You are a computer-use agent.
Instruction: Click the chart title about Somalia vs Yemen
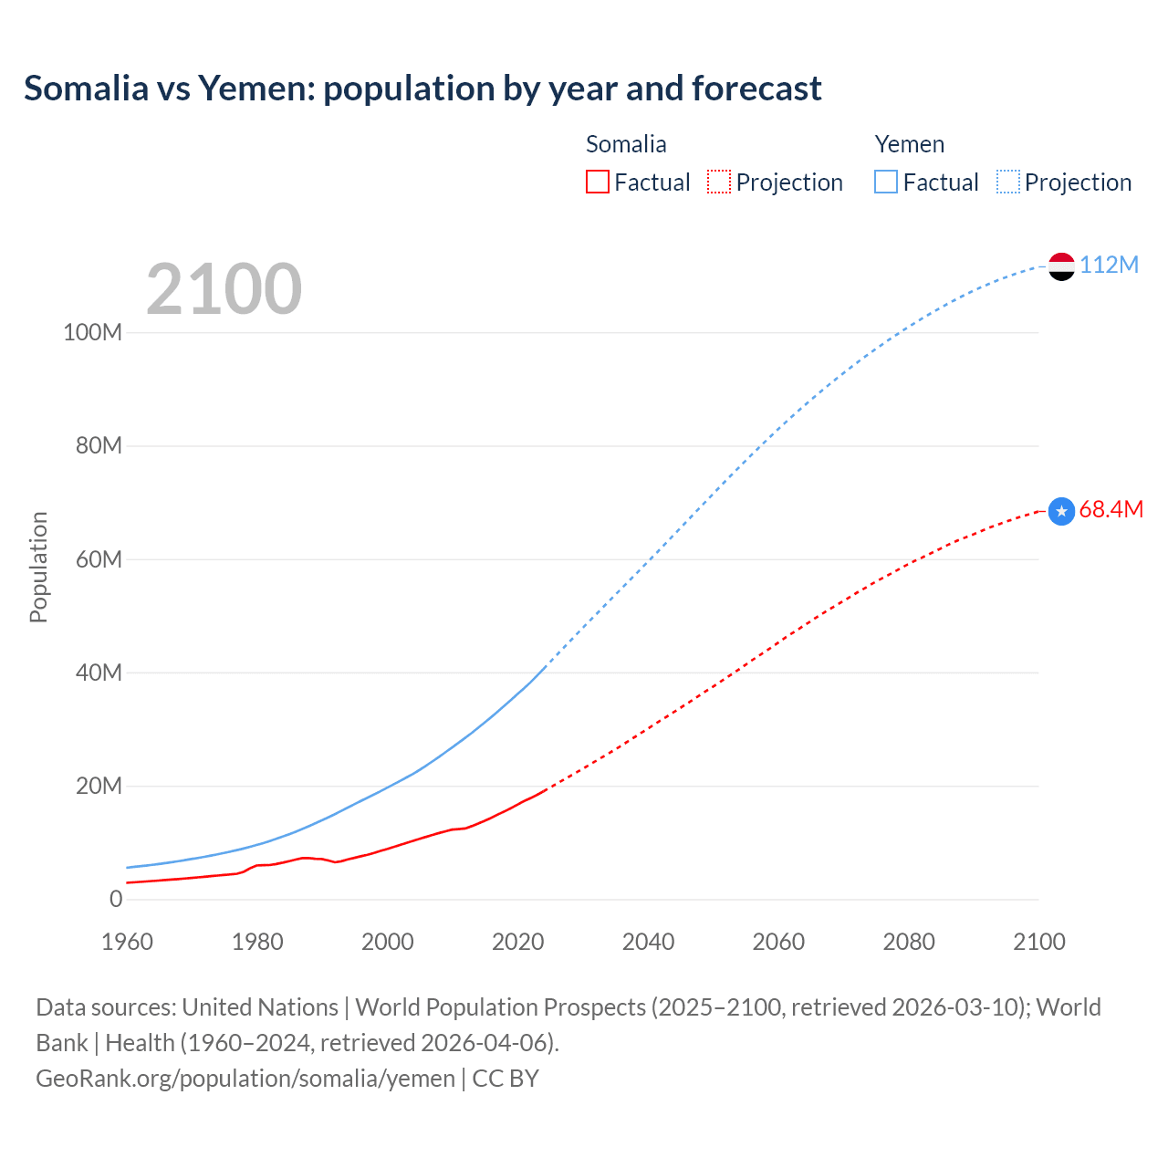[422, 89]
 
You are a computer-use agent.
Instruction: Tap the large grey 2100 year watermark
[224, 289]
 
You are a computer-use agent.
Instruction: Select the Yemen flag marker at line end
[1061, 266]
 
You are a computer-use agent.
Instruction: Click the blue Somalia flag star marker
[1061, 512]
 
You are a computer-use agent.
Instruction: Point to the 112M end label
[1109, 265]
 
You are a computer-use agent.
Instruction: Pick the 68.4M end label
[1111, 509]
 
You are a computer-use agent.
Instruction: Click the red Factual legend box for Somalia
[598, 182]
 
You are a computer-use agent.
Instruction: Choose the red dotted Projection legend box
[719, 182]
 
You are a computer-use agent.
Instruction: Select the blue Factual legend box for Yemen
[886, 182]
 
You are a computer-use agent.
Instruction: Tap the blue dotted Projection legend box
[1008, 182]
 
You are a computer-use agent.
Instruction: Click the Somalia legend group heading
[626, 144]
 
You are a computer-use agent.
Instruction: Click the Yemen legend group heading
[909, 144]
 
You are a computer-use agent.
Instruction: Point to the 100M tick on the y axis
[92, 332]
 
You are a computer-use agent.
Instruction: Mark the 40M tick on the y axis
[99, 673]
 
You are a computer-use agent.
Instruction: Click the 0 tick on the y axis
[116, 899]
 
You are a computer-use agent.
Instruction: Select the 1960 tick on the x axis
[127, 942]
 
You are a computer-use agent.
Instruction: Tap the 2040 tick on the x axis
[648, 942]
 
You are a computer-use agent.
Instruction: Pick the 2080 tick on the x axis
[909, 942]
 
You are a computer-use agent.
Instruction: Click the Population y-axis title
[38, 567]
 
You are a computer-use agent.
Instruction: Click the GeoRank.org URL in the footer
[245, 1079]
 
